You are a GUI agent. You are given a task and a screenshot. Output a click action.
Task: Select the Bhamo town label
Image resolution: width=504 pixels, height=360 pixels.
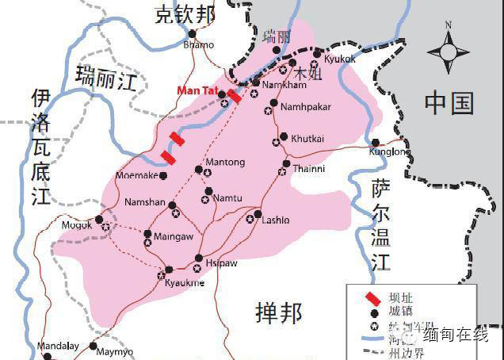pos(198,45)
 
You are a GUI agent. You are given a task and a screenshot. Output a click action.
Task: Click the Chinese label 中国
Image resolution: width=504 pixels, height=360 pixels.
pos(449,102)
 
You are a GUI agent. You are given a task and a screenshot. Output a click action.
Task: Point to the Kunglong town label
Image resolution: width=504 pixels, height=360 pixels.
pos(389,151)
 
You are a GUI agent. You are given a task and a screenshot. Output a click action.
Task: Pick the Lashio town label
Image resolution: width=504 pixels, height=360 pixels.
pos(275,220)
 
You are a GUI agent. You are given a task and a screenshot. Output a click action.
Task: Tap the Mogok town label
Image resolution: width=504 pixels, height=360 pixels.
pos(78,225)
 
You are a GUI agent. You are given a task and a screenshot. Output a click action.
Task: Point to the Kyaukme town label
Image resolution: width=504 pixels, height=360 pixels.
pos(185,283)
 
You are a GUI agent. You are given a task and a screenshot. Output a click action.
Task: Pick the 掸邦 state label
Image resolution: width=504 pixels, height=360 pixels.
pos(279,313)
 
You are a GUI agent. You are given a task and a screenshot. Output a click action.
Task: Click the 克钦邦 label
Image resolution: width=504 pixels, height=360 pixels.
pos(184,13)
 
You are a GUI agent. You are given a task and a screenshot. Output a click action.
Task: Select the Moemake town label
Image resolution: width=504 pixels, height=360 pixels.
pos(137,174)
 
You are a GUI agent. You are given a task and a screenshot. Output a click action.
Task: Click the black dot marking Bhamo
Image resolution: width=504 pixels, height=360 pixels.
pos(192,33)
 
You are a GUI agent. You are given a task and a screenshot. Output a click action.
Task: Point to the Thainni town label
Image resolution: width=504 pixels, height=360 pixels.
pos(308,167)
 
